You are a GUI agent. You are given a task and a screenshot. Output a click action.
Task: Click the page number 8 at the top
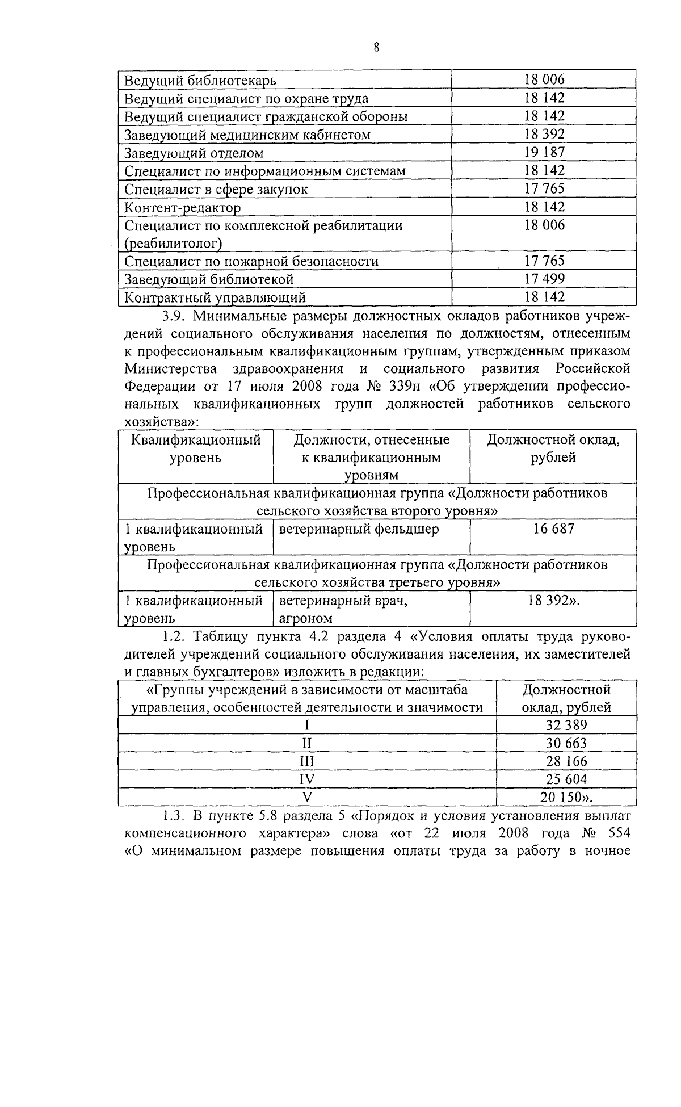click(376, 47)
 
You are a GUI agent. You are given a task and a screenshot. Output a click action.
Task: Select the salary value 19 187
click(544, 152)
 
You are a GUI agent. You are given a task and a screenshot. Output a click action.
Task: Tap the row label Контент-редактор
click(182, 207)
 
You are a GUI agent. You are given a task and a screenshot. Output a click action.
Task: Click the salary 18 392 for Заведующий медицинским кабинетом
click(544, 134)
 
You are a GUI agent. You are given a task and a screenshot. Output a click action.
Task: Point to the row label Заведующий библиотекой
click(208, 279)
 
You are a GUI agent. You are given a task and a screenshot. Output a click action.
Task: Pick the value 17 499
click(544, 279)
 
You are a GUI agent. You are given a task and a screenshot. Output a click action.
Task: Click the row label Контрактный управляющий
click(215, 297)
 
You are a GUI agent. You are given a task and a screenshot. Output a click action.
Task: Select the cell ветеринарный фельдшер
click(359, 529)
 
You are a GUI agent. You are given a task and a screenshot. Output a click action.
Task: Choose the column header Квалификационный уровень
click(195, 448)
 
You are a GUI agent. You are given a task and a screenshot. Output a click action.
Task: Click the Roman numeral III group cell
click(306, 761)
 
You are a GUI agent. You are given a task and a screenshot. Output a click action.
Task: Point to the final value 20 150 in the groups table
click(561, 797)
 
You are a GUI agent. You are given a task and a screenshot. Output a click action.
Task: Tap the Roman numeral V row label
click(306, 797)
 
